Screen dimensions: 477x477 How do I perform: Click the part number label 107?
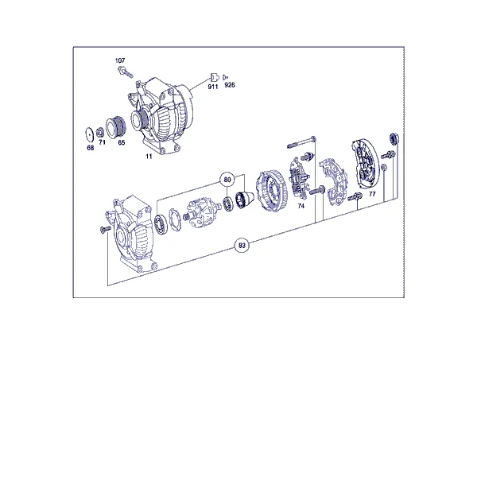click(120, 60)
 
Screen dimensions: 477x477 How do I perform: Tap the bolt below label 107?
click(126, 72)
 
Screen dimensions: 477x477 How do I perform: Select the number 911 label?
click(213, 87)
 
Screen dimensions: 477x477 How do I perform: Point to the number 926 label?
click(230, 85)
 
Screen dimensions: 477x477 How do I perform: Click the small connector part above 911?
click(215, 77)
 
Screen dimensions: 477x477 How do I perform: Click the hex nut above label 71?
click(99, 133)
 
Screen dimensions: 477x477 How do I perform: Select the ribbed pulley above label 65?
click(115, 127)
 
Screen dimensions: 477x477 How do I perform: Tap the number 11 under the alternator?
click(149, 157)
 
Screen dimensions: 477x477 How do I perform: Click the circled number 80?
click(227, 180)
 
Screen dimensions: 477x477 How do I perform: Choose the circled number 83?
click(242, 246)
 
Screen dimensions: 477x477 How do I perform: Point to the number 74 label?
click(301, 206)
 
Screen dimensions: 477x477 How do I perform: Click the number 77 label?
click(372, 194)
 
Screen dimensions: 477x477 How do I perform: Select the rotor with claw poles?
click(200, 214)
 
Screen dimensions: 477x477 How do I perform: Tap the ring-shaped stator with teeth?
click(271, 191)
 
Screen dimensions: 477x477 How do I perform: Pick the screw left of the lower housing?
click(105, 230)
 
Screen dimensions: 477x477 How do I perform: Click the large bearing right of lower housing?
click(161, 225)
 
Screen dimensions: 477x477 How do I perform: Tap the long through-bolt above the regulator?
click(302, 143)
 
